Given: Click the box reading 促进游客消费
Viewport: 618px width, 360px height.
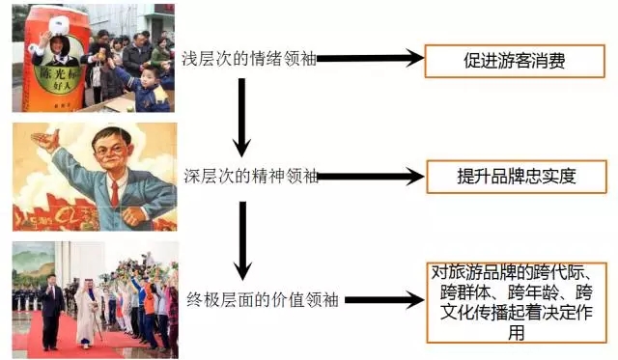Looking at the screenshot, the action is click(514, 60).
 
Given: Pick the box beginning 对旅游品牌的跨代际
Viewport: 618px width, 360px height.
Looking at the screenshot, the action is click(517, 301).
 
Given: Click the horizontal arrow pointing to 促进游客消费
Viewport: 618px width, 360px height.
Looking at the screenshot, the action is click(372, 60).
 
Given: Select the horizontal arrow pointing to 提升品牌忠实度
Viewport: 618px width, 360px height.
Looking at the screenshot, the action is click(372, 177).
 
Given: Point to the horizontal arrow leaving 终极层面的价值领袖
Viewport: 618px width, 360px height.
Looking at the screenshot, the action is click(381, 300).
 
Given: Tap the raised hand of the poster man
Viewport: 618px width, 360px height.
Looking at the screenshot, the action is click(44, 144).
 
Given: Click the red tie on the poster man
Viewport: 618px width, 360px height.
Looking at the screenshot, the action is click(114, 194).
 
